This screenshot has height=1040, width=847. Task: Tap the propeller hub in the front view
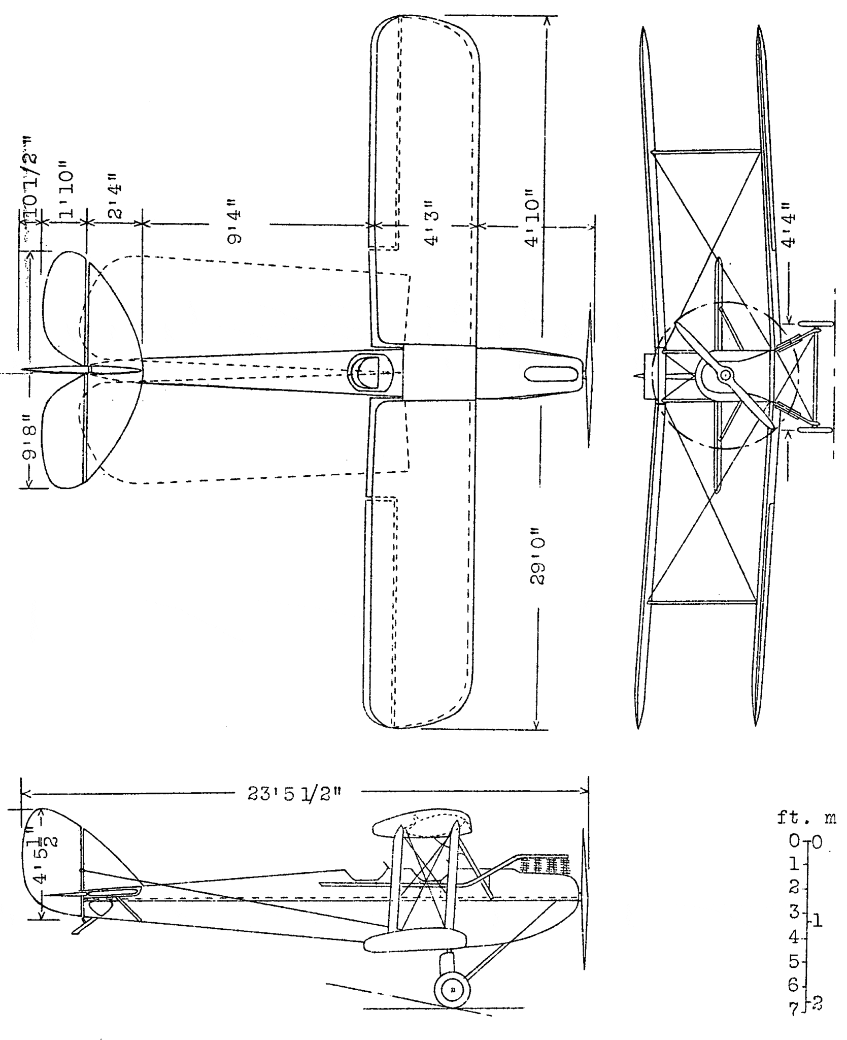click(725, 375)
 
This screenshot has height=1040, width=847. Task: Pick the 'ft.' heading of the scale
click(790, 819)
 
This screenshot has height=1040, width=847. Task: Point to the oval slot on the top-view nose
click(551, 374)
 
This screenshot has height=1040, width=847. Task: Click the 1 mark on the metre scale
click(818, 920)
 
